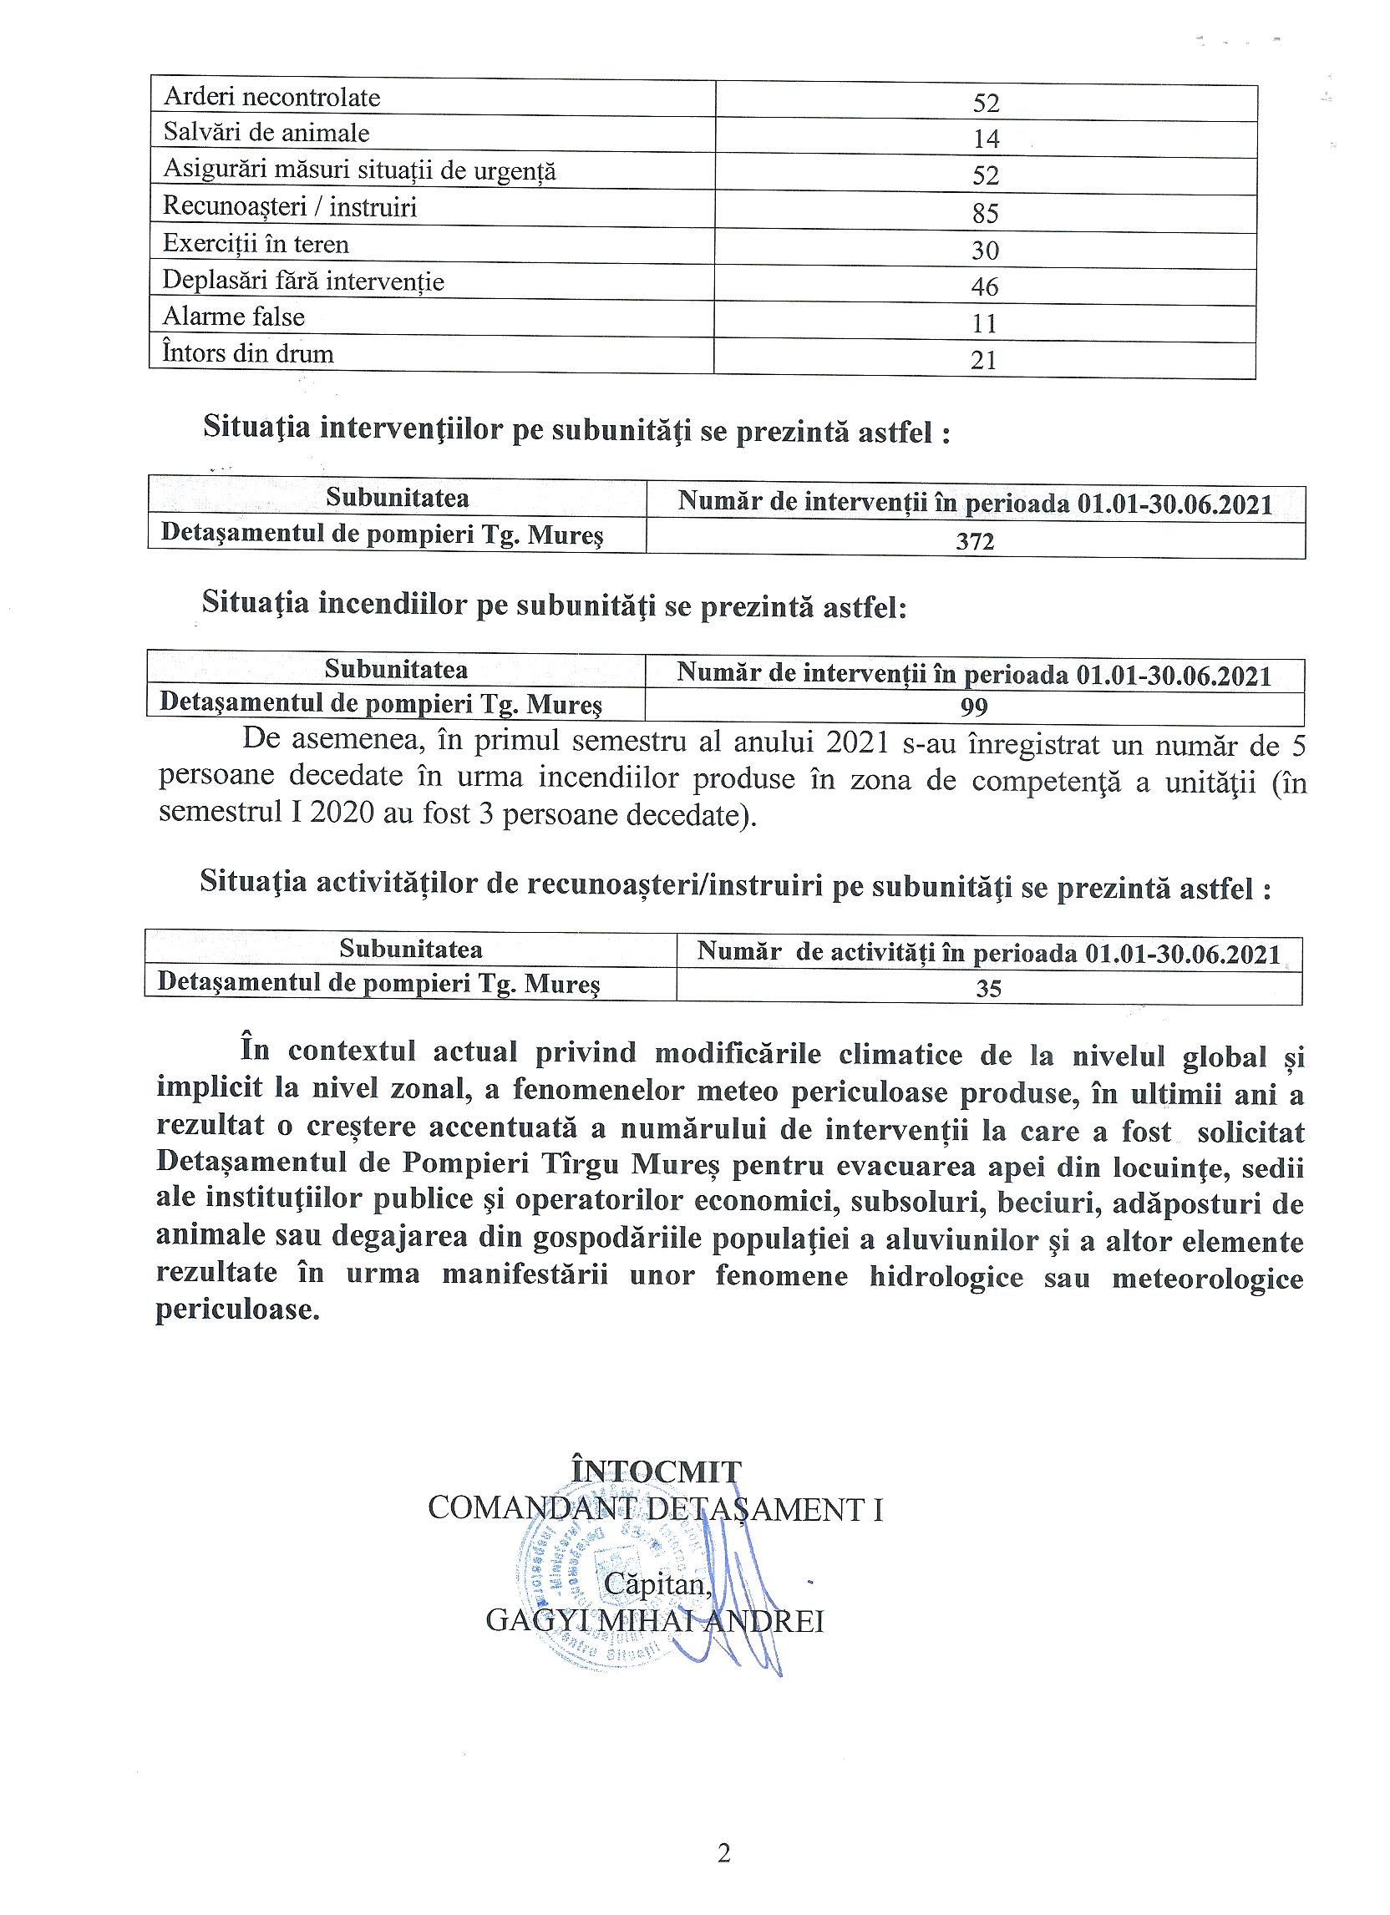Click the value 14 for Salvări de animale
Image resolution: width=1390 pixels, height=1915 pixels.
click(986, 139)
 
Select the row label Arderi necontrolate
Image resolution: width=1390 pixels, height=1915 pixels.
click(272, 98)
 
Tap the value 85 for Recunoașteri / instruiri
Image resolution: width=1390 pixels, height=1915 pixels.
click(986, 213)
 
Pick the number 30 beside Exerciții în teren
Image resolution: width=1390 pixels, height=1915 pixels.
click(986, 250)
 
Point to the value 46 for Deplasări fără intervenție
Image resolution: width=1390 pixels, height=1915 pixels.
click(985, 287)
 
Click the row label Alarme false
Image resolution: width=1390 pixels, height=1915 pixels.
click(234, 317)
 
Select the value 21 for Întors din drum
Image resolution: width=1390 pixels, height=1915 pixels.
click(984, 361)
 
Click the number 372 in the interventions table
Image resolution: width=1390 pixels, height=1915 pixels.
click(976, 541)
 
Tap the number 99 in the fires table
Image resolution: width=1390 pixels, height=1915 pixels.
click(975, 707)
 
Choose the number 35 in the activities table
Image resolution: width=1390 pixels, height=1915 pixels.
click(988, 988)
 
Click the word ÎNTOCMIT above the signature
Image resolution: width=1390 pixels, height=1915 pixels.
click(656, 1472)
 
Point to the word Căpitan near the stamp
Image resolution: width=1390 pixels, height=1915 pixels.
click(658, 1585)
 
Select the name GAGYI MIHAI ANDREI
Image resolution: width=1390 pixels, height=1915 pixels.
click(654, 1622)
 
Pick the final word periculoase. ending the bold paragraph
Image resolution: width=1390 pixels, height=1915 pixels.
click(238, 1310)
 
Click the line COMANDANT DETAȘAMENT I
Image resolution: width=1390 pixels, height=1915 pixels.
click(655, 1509)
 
